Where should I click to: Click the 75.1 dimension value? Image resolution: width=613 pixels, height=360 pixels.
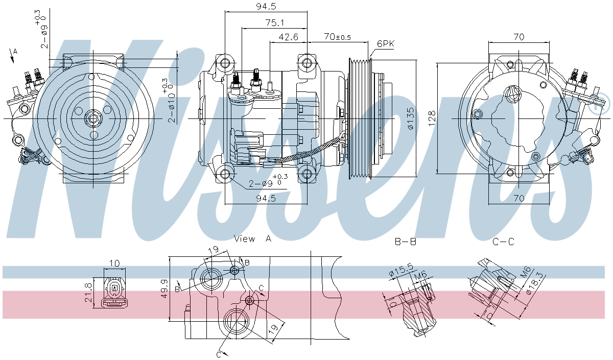coord(274,22)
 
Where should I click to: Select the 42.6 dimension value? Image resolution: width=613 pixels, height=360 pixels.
coord(288,37)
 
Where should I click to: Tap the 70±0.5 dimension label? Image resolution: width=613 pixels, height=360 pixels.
coord(338,37)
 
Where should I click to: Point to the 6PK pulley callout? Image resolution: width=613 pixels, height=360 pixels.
coord(385,44)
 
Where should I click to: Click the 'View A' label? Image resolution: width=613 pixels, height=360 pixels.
coord(252,238)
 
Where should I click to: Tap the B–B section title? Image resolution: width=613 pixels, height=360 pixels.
coord(406,242)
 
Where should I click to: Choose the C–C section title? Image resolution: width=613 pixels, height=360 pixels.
coord(503,242)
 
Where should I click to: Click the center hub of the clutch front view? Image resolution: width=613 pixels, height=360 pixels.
coord(93,118)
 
